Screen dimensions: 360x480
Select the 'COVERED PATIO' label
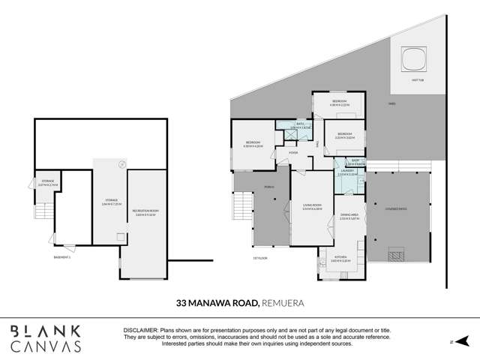click(x=397, y=208)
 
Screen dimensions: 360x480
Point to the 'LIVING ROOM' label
click(x=312, y=208)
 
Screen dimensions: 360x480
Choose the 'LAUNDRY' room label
click(x=346, y=171)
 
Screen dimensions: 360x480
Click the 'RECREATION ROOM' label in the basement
click(x=147, y=211)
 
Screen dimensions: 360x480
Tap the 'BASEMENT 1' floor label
click(x=63, y=257)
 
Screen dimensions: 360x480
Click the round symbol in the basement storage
click(x=121, y=163)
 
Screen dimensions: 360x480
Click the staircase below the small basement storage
click(x=44, y=196)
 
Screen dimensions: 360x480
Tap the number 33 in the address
click(x=181, y=304)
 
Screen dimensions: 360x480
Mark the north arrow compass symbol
click(x=462, y=340)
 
